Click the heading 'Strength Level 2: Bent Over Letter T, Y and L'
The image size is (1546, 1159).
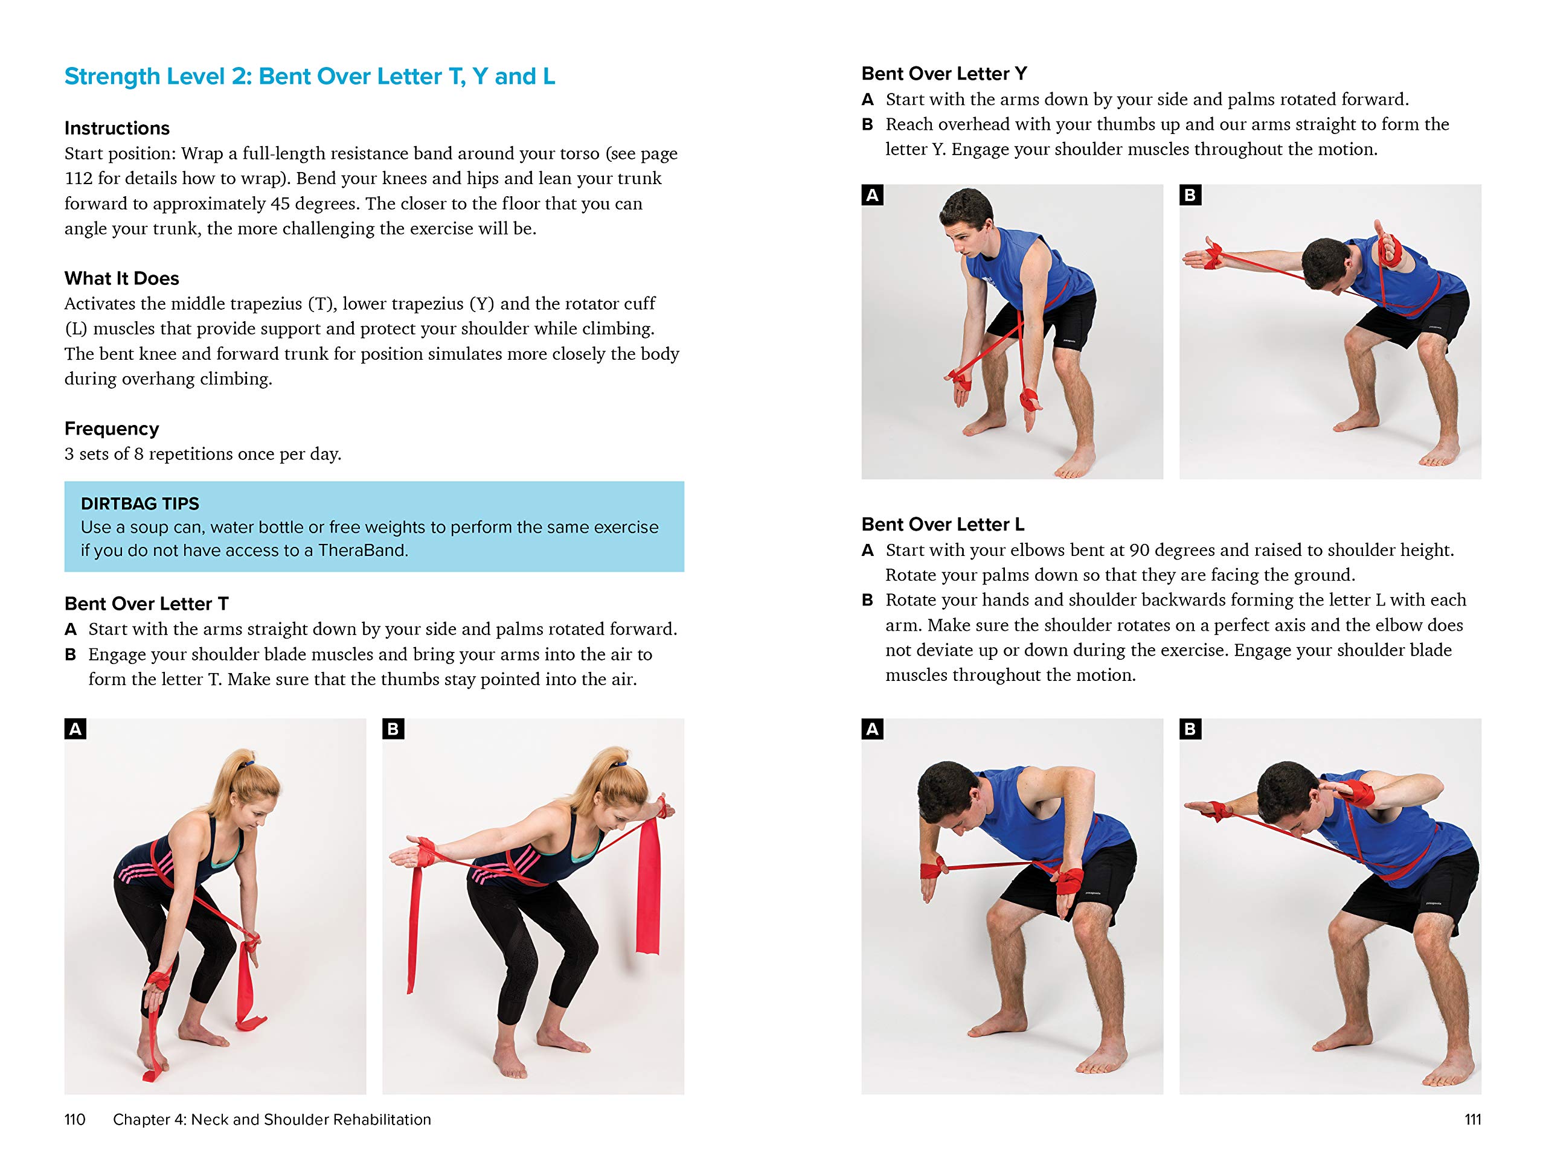click(x=310, y=76)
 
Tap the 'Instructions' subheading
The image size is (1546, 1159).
click(x=117, y=128)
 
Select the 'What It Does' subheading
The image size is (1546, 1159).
click(x=121, y=278)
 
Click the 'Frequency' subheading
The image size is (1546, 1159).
click(x=112, y=428)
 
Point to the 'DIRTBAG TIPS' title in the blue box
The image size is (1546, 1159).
click(x=140, y=503)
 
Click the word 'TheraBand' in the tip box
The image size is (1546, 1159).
click(x=362, y=551)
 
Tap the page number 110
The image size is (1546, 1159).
click(x=75, y=1119)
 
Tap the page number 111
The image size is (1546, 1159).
click(x=1472, y=1119)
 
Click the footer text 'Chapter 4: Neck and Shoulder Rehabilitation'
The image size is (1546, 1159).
click(x=272, y=1119)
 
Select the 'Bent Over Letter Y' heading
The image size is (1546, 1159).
click(x=943, y=74)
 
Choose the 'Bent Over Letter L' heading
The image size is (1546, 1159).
click(x=942, y=524)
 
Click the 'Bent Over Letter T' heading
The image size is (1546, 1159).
click(x=146, y=603)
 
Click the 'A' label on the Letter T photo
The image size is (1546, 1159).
click(x=75, y=729)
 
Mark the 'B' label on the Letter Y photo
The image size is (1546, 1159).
click(x=1190, y=195)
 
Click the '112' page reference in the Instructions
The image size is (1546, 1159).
click(x=79, y=178)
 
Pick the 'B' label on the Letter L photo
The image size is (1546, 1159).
click(x=1190, y=729)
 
